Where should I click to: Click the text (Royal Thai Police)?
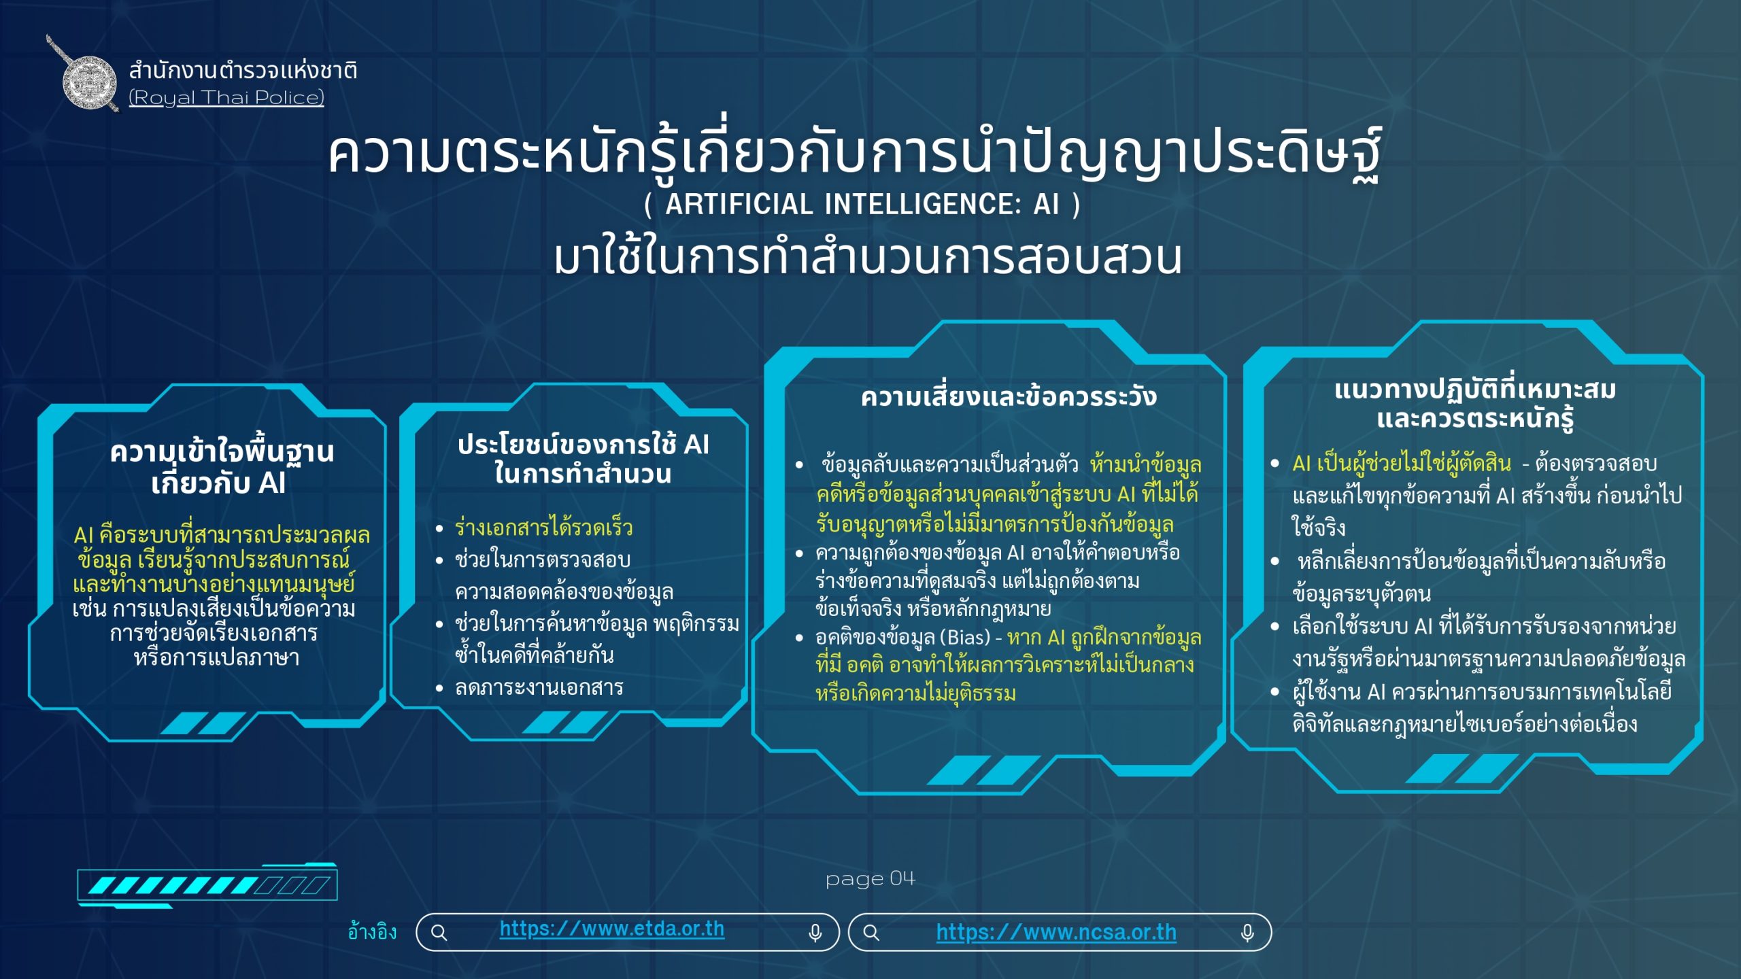(226, 98)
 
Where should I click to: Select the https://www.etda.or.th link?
(611, 929)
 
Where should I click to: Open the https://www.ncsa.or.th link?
(1055, 932)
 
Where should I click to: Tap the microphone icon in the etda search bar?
(815, 933)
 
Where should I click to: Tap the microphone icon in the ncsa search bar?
(1247, 933)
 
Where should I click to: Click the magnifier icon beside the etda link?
(439, 933)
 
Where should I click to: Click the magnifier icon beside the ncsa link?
(871, 933)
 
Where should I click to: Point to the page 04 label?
(870, 879)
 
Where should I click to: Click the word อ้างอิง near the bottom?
(372, 932)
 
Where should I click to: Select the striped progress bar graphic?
(207, 885)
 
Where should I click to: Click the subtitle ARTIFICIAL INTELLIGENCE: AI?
(862, 204)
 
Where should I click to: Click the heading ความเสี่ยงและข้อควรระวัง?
(1008, 397)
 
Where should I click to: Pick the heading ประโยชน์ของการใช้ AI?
(583, 445)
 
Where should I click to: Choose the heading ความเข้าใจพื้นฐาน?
(222, 452)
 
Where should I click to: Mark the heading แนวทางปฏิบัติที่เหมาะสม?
(1474, 390)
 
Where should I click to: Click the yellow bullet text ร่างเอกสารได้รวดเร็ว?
(543, 528)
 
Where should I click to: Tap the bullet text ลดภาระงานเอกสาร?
(539, 688)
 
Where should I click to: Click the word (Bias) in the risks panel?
(965, 638)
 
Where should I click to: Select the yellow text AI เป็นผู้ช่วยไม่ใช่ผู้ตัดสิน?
(1401, 464)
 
